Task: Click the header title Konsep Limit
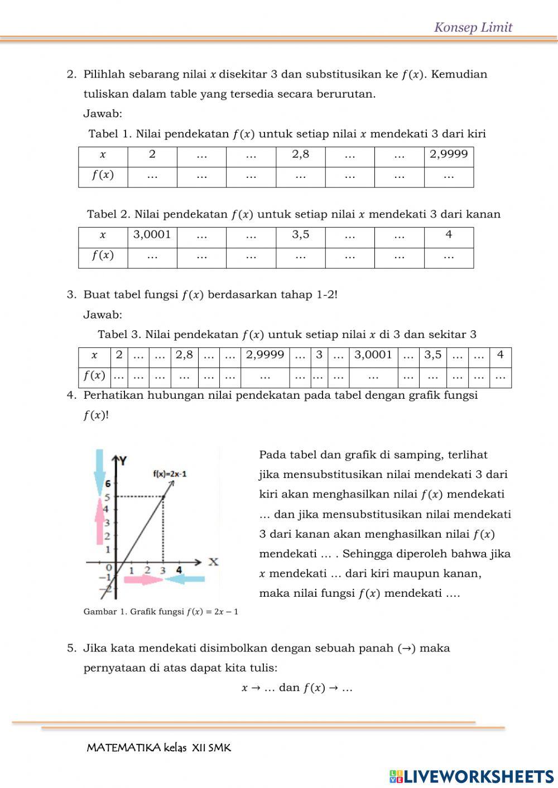click(x=473, y=27)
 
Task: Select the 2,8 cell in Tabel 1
click(x=300, y=154)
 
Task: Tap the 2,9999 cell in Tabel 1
click(x=449, y=154)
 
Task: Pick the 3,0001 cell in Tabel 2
click(x=152, y=235)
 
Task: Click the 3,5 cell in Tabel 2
click(x=300, y=235)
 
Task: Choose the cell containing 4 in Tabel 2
click(x=449, y=235)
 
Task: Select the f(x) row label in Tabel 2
click(x=103, y=255)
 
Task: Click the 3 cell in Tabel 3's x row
click(x=319, y=355)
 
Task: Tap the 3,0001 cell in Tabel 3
click(x=373, y=355)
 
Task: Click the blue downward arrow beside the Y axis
click(x=100, y=470)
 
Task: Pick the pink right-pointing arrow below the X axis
click(x=143, y=579)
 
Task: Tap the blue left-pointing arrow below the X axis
click(x=185, y=579)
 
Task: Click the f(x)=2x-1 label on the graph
click(x=170, y=474)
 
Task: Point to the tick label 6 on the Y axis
click(x=108, y=483)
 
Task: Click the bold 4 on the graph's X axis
click(x=179, y=570)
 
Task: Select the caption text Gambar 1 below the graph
click(x=161, y=612)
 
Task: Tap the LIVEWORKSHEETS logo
click(x=472, y=776)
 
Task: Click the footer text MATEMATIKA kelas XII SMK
click(x=158, y=748)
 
